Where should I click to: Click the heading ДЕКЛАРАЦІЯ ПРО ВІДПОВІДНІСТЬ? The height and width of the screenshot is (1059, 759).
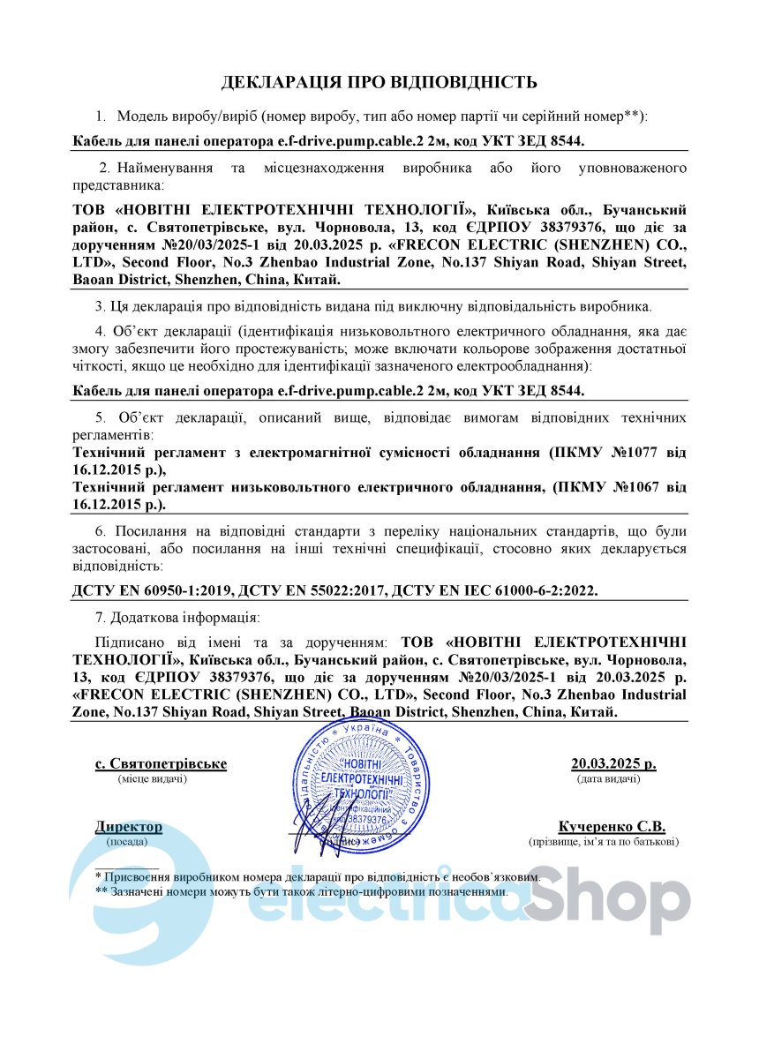379,83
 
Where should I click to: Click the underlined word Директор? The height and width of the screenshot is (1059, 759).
129,827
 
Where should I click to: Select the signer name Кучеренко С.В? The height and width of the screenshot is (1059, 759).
612,827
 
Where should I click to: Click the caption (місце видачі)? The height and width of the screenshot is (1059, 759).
152,779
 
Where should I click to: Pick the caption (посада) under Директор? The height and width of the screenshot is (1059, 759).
127,843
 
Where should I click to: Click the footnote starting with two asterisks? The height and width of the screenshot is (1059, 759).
302,892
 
